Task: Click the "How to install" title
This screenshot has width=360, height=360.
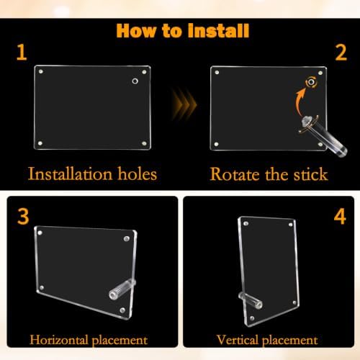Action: (183, 31)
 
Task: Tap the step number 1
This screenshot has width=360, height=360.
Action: (22, 52)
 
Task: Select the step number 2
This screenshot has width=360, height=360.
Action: (341, 52)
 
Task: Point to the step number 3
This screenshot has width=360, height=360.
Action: (23, 217)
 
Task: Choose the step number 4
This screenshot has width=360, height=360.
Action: (340, 217)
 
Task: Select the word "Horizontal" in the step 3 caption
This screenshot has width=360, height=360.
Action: (59, 340)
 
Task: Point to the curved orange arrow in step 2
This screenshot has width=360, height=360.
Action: (300, 102)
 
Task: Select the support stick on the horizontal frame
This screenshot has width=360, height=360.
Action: (122, 289)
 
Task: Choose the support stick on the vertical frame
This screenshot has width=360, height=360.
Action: (250, 300)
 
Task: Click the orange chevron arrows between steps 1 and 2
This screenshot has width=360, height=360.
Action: (184, 104)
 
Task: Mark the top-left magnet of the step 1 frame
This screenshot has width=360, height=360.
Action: (41, 71)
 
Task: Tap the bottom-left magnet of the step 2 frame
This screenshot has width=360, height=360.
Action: (216, 144)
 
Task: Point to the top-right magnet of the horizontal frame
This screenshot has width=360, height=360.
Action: (127, 238)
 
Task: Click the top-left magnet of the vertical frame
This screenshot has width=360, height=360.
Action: (246, 224)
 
